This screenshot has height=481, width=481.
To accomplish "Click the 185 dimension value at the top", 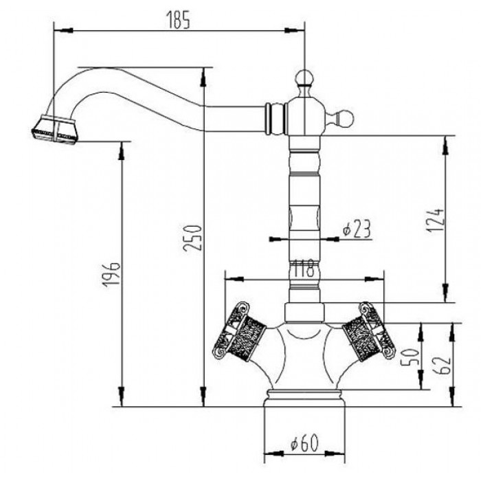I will [x=177, y=21].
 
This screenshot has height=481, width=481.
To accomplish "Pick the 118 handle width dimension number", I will [x=304, y=268].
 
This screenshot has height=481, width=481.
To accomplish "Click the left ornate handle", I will [x=238, y=332].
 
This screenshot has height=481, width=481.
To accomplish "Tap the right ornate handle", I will [x=370, y=332].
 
